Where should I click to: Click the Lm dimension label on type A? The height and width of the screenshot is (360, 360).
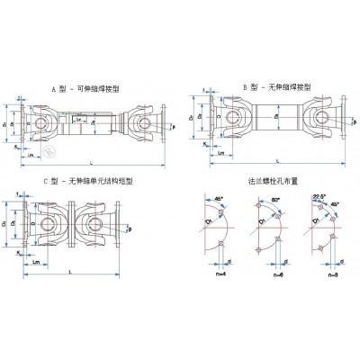click(32, 154)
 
